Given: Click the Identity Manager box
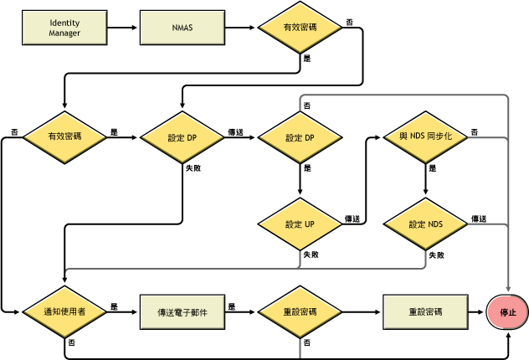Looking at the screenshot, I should [x=64, y=28].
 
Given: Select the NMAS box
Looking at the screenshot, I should [x=182, y=28].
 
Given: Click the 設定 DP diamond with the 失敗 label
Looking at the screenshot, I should [x=182, y=136].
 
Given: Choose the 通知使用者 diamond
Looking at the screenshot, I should [x=64, y=311].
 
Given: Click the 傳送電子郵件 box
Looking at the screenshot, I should [x=182, y=311].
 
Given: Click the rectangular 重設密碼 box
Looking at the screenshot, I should [x=424, y=311].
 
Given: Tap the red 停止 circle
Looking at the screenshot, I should [x=508, y=311].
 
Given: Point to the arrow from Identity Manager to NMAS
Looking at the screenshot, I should [x=123, y=28].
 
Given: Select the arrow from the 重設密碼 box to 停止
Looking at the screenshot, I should [x=475, y=311].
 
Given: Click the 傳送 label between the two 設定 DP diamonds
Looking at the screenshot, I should [x=236, y=131].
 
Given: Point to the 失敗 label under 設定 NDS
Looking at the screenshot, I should [x=436, y=254].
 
